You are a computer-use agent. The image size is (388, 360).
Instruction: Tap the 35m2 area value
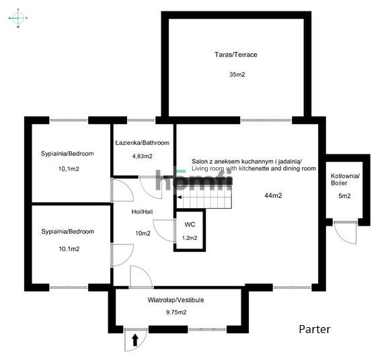236,75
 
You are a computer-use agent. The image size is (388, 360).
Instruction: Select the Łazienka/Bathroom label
142,143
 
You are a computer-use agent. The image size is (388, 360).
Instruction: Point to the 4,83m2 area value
142,156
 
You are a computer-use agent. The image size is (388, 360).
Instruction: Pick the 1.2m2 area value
189,238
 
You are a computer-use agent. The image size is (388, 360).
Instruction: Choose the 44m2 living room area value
272,195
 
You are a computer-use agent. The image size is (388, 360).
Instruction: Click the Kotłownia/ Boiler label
345,179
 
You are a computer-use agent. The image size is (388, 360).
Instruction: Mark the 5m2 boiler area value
345,196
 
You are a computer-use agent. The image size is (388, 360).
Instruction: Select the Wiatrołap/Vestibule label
176,300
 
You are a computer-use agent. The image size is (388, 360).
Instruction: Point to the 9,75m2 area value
176,312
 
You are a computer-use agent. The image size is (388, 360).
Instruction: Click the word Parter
315,330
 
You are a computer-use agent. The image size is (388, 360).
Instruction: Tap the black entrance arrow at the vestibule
135,340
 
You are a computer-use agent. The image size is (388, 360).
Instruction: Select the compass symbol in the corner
18,18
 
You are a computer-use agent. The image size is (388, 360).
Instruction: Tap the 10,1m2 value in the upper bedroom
69,169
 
